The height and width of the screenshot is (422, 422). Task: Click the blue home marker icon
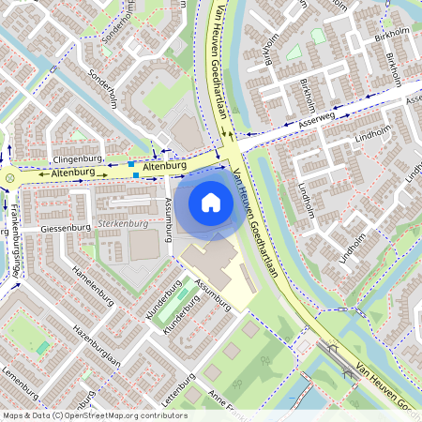click(211, 202)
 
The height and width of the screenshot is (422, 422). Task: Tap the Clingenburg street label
click(78, 160)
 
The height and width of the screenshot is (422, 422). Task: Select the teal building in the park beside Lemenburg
click(42, 347)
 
